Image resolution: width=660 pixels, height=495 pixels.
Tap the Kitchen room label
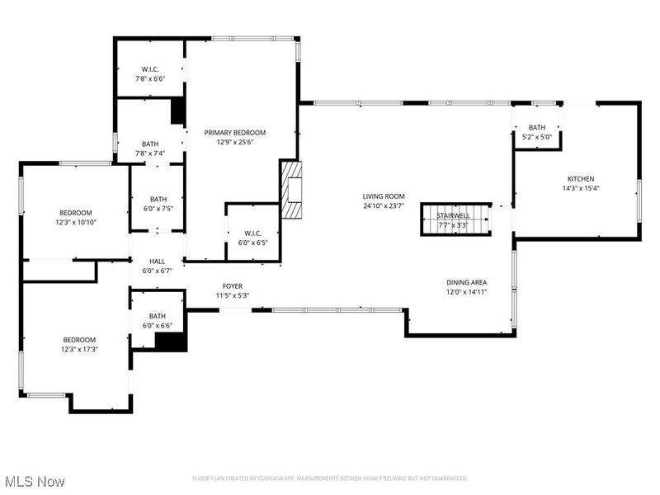(580, 179)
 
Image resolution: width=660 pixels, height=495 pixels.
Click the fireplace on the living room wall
(292, 189)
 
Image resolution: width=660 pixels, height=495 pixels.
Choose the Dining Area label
(467, 282)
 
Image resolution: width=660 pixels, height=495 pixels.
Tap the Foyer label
(232, 286)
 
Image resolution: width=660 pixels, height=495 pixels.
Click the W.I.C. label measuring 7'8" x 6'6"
(149, 69)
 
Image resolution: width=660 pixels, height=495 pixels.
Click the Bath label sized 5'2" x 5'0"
(537, 127)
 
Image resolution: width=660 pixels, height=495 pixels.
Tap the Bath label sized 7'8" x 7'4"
(149, 144)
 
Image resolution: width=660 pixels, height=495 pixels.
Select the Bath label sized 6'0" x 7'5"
(158, 199)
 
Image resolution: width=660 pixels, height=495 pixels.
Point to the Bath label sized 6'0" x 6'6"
(157, 316)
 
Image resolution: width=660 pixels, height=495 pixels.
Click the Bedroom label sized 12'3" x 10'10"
(75, 213)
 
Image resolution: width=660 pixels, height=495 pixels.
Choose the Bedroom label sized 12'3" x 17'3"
(80, 340)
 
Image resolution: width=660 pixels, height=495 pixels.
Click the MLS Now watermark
(34, 480)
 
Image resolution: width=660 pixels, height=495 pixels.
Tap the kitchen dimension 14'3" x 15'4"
(580, 188)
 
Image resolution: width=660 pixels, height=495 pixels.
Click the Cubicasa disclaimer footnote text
(330, 478)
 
